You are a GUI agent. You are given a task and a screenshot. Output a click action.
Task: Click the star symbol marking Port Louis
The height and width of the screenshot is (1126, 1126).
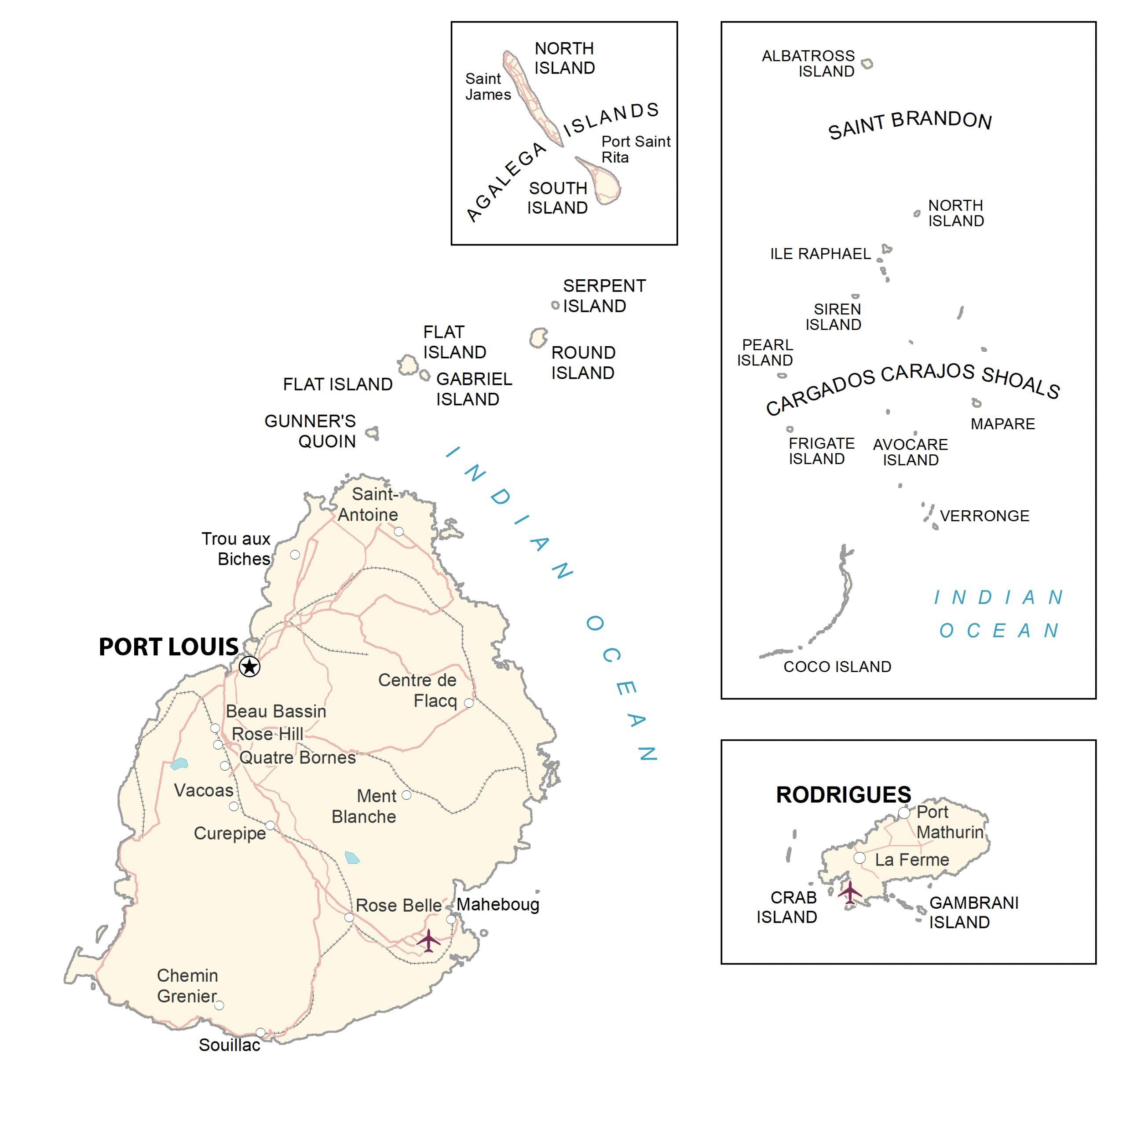pyautogui.click(x=249, y=666)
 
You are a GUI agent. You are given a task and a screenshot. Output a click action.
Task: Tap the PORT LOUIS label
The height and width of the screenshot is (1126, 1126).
pyautogui.click(x=168, y=647)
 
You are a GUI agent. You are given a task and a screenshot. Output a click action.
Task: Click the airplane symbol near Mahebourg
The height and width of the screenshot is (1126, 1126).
pyautogui.click(x=428, y=940)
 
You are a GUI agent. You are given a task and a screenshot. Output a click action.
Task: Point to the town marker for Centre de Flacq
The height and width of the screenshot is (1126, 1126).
pyautogui.click(x=468, y=703)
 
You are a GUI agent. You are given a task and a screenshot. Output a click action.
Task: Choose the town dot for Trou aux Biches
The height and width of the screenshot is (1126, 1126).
pyautogui.click(x=295, y=555)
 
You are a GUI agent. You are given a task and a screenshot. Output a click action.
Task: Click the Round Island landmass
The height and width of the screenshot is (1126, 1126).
pyautogui.click(x=538, y=337)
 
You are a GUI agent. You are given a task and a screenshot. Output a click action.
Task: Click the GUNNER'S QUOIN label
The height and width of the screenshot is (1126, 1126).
pyautogui.click(x=310, y=431)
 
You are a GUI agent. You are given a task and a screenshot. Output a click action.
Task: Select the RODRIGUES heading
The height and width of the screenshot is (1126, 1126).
pyautogui.click(x=843, y=795)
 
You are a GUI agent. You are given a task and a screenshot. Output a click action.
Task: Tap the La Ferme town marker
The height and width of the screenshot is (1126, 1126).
pyautogui.click(x=859, y=858)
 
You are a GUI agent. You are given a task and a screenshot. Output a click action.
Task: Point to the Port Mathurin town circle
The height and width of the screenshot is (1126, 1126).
pyautogui.click(x=904, y=812)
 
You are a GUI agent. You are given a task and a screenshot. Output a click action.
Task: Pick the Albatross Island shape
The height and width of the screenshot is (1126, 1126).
pyautogui.click(x=867, y=63)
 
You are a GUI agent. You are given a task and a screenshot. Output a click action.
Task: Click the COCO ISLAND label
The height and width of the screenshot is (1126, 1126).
pyautogui.click(x=837, y=667)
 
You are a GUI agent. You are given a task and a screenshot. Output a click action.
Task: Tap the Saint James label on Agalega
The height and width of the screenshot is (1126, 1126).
pyautogui.click(x=488, y=87)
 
